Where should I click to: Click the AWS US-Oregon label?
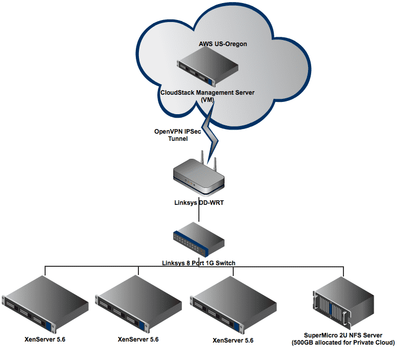pyautogui.click(x=223, y=44)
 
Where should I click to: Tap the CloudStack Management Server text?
pyautogui.click(x=207, y=92)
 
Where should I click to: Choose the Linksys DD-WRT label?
pyautogui.click(x=198, y=202)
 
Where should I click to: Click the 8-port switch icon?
pyautogui.click(x=198, y=240)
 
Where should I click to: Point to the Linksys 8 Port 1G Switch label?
pyautogui.click(x=198, y=263)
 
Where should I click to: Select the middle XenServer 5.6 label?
pyautogui.click(x=138, y=339)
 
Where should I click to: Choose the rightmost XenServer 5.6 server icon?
pyautogui.click(x=232, y=304)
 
